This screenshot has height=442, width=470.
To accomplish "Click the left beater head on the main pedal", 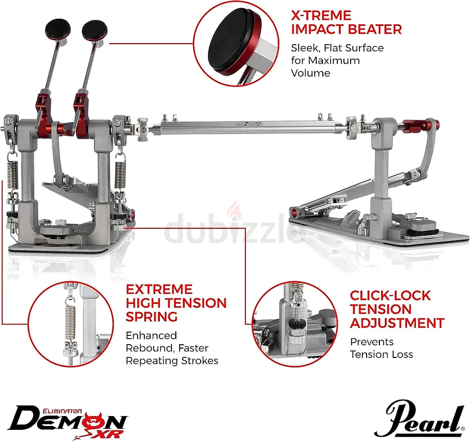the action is (x=58, y=29).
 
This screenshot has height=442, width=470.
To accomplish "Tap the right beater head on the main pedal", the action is (x=95, y=30).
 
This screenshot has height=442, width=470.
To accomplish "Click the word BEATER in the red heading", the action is (x=374, y=29).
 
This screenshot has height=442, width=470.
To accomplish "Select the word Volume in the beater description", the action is (x=311, y=73).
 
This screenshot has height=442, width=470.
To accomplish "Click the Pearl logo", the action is (x=420, y=419).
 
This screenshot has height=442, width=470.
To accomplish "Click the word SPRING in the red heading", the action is (x=152, y=317).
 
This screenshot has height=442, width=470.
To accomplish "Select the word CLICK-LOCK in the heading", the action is (x=390, y=296).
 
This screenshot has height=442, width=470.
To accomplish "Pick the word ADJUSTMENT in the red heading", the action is (x=397, y=323).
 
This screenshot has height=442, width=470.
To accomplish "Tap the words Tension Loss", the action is (x=382, y=355).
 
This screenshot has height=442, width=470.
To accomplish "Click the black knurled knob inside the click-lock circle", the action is (x=296, y=324).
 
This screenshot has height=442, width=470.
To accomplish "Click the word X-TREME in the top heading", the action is (x=321, y=15).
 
